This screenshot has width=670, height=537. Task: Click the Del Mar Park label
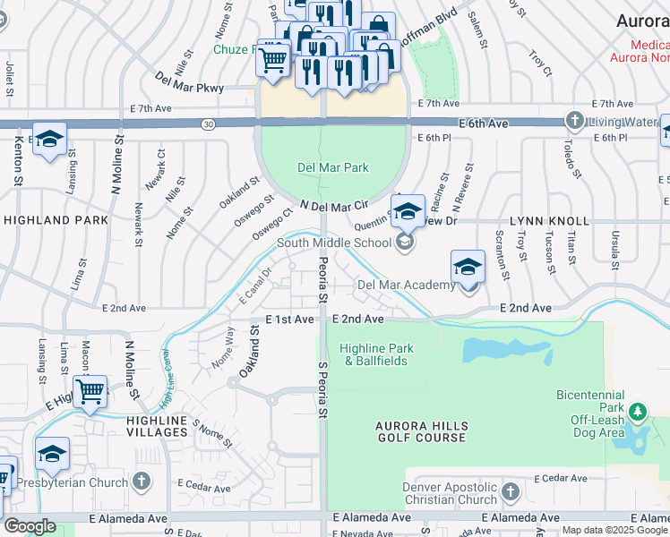(333, 167)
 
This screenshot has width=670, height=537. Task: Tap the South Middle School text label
(333, 242)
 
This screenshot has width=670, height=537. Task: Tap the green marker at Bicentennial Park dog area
(637, 413)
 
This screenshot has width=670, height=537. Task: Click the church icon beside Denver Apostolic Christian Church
(510, 491)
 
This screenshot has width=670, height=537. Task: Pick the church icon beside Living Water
(574, 120)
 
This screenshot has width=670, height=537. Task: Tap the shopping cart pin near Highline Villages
(90, 391)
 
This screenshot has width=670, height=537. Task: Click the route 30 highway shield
(209, 123)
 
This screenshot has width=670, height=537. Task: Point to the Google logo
(29, 526)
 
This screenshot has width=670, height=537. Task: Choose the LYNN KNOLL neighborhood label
(549, 220)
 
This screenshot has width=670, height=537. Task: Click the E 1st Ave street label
(289, 320)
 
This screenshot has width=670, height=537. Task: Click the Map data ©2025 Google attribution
(614, 530)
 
